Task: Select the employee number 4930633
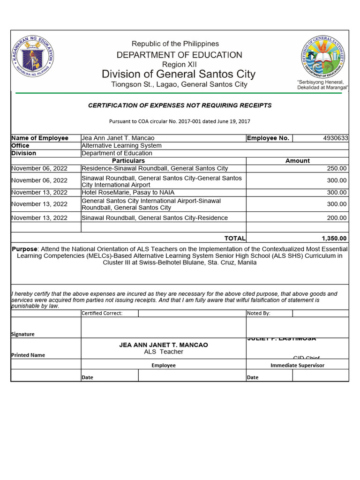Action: coord(336,138)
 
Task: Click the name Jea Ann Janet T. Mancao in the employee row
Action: coord(118,138)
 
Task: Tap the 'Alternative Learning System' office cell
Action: coord(121,146)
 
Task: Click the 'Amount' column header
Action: coord(297,161)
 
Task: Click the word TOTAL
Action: coord(235,239)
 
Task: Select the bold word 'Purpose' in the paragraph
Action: coord(24,249)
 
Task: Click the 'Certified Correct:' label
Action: coord(102,313)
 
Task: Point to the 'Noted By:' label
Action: coord(258,313)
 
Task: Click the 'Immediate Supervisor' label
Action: coord(297,365)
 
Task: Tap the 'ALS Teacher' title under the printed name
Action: coord(164,352)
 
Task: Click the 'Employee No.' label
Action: coord(268,138)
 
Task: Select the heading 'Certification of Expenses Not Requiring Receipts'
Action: coord(180,105)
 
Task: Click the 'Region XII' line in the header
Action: coord(180,64)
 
